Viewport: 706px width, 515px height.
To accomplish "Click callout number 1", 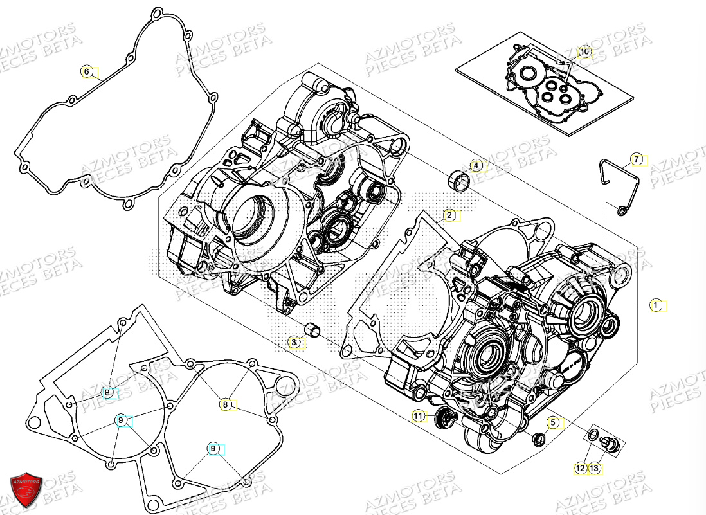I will click(655, 306).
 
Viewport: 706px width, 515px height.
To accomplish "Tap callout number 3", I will click(294, 343).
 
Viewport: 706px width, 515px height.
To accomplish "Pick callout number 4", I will click(476, 166).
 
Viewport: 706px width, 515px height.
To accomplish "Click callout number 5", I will click(552, 422).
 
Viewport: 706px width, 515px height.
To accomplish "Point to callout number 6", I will click(87, 71).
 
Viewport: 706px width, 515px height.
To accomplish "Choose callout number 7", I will click(635, 159).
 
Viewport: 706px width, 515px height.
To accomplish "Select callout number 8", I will click(224, 404).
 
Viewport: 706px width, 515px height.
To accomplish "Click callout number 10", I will click(584, 51).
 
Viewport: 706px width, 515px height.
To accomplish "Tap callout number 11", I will click(419, 417).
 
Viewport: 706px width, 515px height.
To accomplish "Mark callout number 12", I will click(580, 469).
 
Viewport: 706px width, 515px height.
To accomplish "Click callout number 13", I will click(594, 469).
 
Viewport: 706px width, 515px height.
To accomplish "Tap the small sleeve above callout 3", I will click(312, 332).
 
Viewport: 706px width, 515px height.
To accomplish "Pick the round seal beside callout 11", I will click(443, 419).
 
